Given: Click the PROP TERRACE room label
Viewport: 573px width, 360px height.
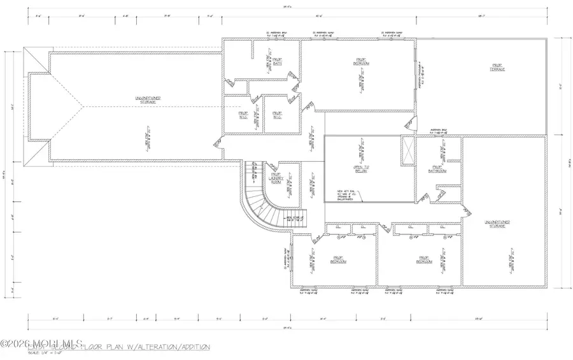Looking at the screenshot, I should click(497, 66).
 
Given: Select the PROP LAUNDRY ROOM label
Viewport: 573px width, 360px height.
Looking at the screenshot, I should click(276, 179).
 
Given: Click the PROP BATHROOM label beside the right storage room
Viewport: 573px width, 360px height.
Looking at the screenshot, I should click(437, 169).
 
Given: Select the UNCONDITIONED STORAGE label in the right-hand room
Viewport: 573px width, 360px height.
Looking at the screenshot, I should click(497, 224).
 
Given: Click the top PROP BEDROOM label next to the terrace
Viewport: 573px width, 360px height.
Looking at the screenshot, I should click(362, 62).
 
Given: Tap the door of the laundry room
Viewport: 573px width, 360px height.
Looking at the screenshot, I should click(267, 165).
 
